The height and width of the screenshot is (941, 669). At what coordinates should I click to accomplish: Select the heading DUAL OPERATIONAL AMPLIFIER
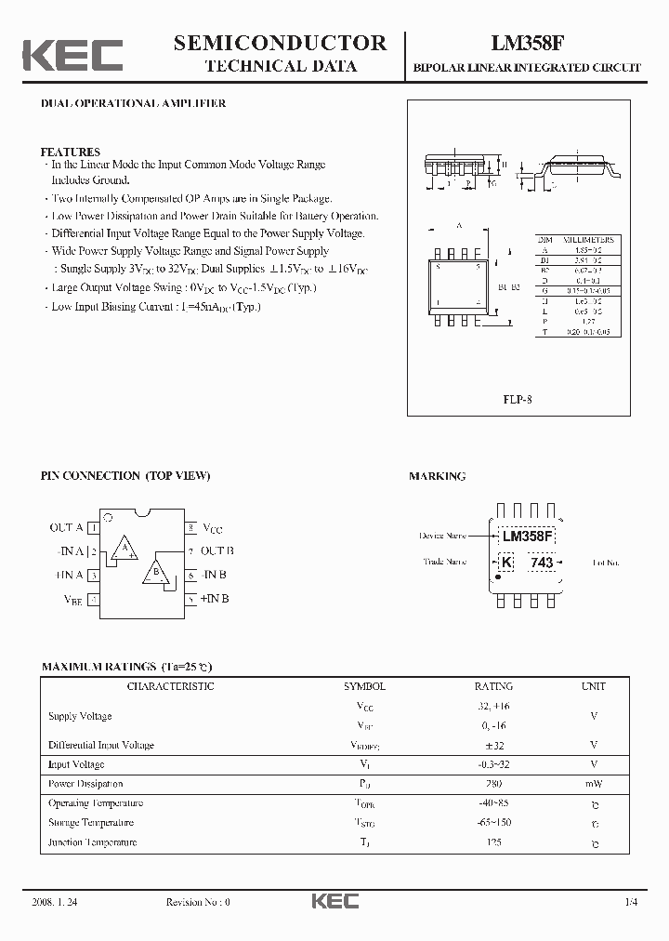pos(133,104)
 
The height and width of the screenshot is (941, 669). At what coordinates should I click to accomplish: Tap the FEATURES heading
pos(70,152)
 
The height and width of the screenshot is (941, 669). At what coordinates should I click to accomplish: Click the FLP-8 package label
pos(518,400)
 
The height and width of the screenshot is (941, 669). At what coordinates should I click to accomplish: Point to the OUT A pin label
pos(66,527)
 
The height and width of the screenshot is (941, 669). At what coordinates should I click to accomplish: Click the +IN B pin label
pos(215,599)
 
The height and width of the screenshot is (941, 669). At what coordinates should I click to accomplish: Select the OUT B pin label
pos(217,550)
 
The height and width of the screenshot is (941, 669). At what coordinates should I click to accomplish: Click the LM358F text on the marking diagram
pos(527,537)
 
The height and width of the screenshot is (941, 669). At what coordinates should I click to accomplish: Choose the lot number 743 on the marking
pos(541,563)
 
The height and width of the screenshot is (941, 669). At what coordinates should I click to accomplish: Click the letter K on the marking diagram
pos(506,563)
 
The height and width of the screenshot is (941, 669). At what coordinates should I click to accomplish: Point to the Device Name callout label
pos(443,536)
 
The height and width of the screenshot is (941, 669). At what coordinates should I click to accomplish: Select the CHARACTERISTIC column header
pos(170,686)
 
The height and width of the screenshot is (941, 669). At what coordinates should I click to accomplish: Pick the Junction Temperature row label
pos(92,842)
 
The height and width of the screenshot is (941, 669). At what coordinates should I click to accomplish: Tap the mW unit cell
pos(593,784)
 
